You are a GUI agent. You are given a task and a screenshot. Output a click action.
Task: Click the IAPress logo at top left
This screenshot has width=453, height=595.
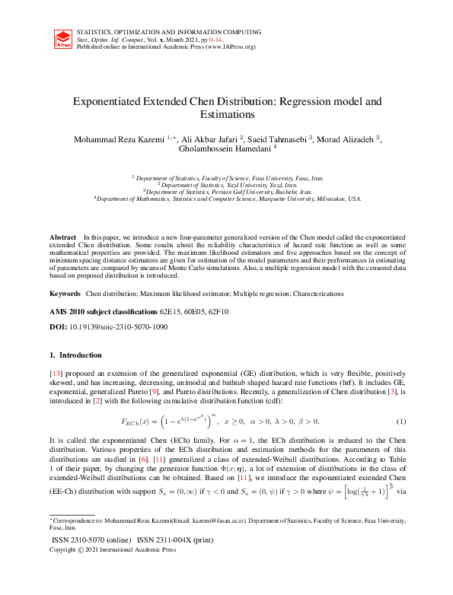pyautogui.click(x=64, y=40)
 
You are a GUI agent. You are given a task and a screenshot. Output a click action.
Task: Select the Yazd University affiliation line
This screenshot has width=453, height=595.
pyautogui.click(x=227, y=185)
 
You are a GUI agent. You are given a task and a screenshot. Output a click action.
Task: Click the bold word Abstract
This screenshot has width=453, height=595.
pyautogui.click(x=63, y=238)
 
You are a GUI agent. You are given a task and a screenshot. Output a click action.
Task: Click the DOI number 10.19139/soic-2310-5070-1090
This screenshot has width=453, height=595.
pyautogui.click(x=122, y=326)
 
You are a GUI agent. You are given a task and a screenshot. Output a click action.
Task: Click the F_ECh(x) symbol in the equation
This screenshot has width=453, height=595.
pyautogui.click(x=137, y=422)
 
